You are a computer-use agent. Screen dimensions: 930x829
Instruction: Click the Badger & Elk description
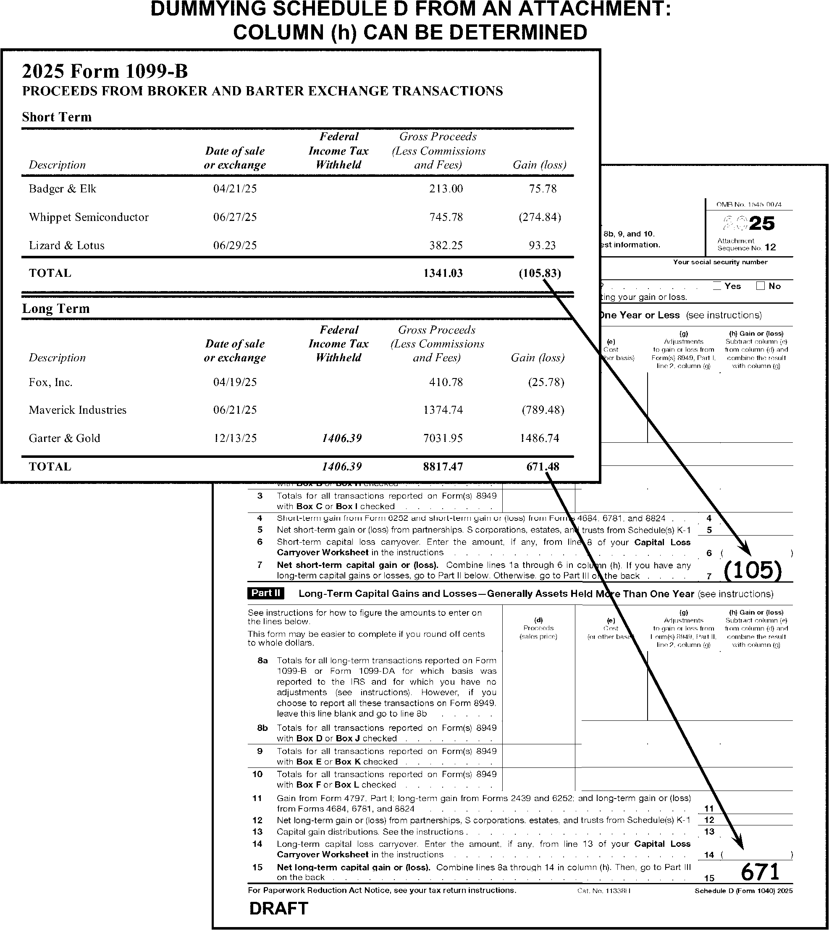(63, 189)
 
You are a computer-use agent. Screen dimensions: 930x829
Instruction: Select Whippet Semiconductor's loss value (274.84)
(540, 217)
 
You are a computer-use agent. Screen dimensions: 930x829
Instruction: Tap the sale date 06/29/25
(235, 246)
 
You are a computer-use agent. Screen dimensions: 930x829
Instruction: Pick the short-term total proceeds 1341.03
(443, 273)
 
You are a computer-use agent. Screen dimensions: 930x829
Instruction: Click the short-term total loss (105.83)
(540, 273)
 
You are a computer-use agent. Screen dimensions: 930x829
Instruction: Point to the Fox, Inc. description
(50, 382)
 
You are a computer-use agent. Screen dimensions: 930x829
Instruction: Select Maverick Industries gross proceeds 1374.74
(443, 410)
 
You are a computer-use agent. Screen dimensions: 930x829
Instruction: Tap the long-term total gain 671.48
(543, 467)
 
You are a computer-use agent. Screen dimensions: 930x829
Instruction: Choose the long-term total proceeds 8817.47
(443, 467)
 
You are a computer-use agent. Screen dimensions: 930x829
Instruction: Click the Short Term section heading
(57, 117)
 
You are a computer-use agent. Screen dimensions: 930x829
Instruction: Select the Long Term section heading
(56, 309)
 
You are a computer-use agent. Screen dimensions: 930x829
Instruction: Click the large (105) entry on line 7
(753, 570)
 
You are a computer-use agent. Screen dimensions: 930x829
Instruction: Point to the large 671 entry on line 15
(760, 872)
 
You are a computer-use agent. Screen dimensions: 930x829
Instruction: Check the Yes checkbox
(717, 286)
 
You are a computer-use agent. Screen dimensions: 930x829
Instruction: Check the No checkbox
(760, 286)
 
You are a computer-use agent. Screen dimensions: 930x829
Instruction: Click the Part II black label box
(266, 593)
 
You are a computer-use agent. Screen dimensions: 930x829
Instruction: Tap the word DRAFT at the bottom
(279, 909)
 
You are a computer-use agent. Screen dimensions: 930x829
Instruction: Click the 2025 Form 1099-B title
(105, 71)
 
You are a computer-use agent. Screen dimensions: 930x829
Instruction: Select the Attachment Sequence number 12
(770, 248)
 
